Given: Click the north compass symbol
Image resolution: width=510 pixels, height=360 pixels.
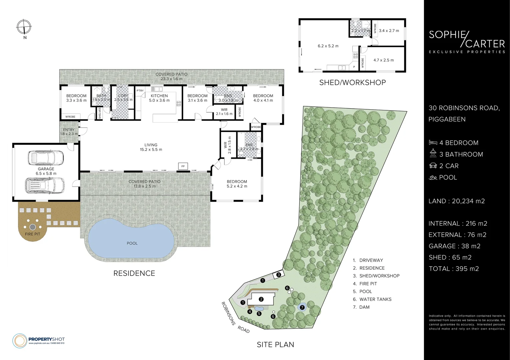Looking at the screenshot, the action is tap(24, 27).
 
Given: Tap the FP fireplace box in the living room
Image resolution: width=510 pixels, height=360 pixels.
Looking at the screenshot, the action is tap(183, 166).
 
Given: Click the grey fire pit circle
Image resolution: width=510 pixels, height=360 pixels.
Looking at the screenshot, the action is tap(33, 227).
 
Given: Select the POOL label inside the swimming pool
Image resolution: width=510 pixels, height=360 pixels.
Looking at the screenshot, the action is tap(132, 243).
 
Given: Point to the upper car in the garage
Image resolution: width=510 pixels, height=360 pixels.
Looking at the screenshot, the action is tap(46, 158).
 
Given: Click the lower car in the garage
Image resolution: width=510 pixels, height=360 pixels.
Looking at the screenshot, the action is tap(45, 185).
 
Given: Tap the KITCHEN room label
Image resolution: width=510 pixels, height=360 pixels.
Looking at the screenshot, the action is tap(159, 96).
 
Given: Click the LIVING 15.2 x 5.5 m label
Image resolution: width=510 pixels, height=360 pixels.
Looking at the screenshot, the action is tap(151, 147).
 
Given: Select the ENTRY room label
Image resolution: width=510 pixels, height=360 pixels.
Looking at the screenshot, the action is tap(69, 130).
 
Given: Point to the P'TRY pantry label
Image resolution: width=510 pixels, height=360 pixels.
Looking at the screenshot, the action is tap(140, 91).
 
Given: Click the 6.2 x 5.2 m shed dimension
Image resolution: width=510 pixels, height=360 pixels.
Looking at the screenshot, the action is tap(328, 46).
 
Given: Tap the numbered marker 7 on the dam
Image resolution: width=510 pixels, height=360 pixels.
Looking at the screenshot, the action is tap(302, 307).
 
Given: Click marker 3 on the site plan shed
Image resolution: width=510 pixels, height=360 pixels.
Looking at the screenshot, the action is tap(279, 275).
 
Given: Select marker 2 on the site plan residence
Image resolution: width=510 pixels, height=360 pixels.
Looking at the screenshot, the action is tap(261, 299).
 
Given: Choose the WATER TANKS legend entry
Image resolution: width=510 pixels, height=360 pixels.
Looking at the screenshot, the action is tap(372, 299).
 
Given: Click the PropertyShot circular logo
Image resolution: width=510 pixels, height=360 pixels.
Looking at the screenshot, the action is tap(20, 341).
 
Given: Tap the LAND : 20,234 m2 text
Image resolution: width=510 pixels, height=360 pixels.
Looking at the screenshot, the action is tap(457, 201).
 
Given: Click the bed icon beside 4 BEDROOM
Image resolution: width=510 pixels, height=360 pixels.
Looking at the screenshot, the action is tap(433, 143).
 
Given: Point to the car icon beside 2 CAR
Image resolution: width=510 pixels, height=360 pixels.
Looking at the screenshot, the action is tap(433, 166).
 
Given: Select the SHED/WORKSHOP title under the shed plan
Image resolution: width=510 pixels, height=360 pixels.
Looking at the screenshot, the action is tap(353, 82).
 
